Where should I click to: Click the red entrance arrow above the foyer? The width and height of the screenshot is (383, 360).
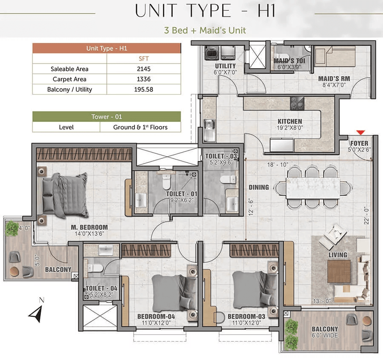coord(360,132)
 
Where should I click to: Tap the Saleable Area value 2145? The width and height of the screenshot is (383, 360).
coord(144,69)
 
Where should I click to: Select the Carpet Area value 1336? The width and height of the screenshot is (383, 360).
coord(144,79)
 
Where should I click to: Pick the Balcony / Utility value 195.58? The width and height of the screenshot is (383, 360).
coord(144,89)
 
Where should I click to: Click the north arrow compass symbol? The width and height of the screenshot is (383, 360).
coord(37,313)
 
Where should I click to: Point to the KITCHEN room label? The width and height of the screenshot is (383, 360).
coord(290,121)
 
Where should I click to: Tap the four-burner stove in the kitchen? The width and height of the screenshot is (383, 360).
coord(297,103)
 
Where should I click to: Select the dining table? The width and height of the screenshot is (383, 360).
coord(313,188)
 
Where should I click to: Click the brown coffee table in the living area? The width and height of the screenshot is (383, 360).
coord(339,271)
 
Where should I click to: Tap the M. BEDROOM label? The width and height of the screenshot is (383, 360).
coord(89,228)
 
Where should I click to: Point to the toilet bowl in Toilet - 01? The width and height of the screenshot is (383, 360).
coord(166,181)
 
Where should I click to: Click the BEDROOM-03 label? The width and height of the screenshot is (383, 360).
coord(246,317)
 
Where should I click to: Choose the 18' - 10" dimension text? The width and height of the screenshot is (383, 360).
coord(277,164)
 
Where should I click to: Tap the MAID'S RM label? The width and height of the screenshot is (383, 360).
coord(334,79)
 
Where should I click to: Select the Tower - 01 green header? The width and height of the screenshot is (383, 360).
coord(106,117)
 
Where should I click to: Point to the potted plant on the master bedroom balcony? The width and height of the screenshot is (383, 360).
coord(11,228)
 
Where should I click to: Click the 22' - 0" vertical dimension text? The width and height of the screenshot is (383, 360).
coord(366,216)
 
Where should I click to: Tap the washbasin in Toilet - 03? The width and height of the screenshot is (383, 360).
coord(232,204)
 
